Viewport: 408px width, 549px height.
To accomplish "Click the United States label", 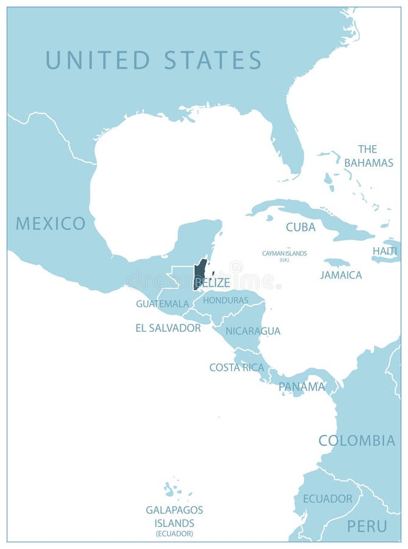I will point(153,60).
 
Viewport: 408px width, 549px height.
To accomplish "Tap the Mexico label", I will point(51,223).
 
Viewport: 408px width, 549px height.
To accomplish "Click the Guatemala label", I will point(162,303).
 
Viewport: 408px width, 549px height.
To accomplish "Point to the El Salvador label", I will point(168,328).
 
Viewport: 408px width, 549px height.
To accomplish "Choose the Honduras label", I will point(226,300).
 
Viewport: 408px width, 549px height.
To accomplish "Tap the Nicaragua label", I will point(253,331).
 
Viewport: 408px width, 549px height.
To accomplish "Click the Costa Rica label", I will point(237,367).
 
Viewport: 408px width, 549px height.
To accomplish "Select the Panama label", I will point(302,386).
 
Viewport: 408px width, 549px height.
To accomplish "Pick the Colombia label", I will point(357,440).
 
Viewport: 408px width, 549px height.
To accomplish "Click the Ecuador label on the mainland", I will point(327,498).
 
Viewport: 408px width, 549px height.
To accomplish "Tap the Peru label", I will point(367,526).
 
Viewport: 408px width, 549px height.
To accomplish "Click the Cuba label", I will point(301,227).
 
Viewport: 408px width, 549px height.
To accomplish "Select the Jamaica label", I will point(341,275).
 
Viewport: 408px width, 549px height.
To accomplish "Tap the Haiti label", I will point(385,251).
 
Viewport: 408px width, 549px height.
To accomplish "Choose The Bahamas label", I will point(368,156).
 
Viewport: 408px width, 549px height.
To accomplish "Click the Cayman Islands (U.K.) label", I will point(284,256).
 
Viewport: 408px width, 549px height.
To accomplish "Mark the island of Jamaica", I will point(337,262).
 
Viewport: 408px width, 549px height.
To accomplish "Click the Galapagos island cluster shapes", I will point(170,489).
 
